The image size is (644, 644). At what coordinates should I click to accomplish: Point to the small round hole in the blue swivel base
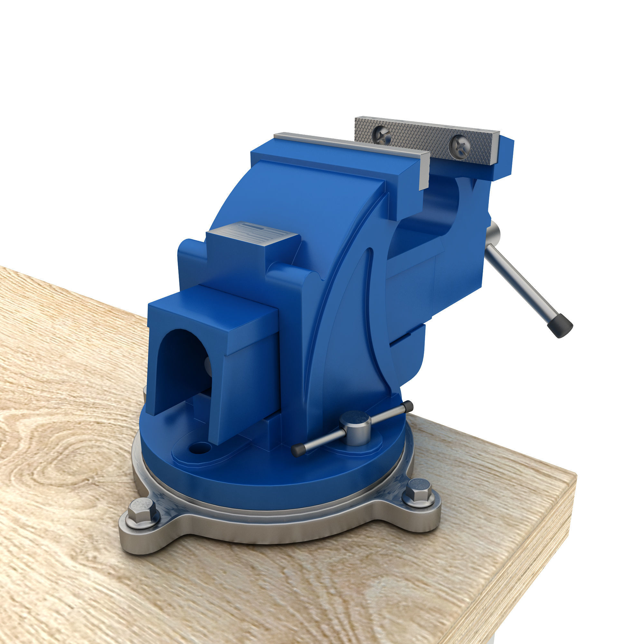click(x=199, y=448)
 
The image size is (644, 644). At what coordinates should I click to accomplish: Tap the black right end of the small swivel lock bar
click(x=408, y=406)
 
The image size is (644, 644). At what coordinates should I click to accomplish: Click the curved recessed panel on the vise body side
click(x=353, y=333)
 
